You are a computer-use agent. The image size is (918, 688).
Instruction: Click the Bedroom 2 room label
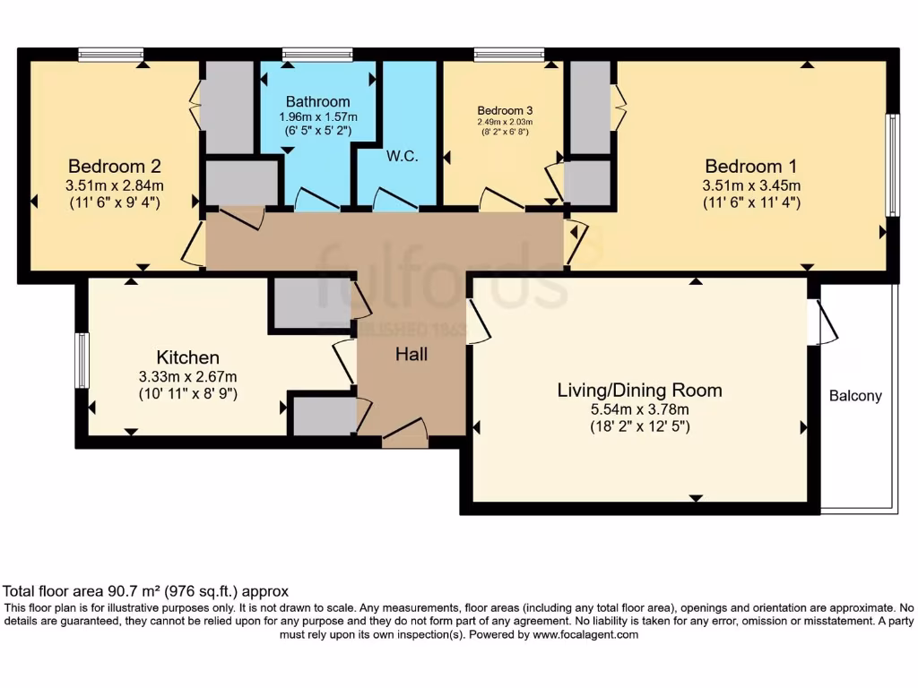[115, 167]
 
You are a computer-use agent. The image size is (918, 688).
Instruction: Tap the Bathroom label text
[317, 101]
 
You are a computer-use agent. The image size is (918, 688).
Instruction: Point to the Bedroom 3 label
[504, 110]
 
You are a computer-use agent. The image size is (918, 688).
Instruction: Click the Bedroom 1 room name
[750, 167]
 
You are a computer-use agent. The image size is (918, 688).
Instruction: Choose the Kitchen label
[187, 357]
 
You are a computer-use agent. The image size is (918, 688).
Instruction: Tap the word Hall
[411, 355]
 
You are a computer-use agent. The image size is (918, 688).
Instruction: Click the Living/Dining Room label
[639, 391]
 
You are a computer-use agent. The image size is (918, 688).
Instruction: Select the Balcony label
[855, 396]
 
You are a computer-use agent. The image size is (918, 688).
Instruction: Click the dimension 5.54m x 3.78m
[639, 409]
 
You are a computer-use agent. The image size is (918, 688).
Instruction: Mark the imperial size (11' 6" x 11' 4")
[750, 202]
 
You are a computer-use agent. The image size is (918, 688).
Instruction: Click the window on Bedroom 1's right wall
[892, 166]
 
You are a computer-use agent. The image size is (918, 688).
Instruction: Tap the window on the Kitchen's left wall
[82, 360]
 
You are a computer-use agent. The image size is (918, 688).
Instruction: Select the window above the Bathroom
[317, 55]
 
